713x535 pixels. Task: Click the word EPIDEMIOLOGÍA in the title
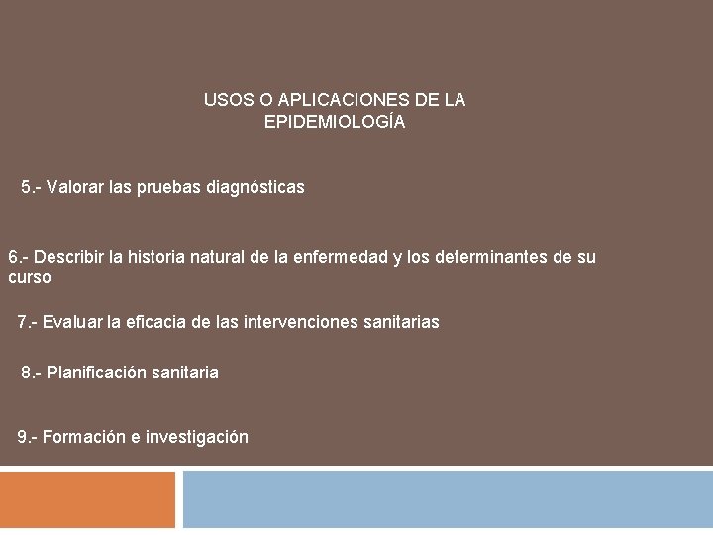pyautogui.click(x=335, y=123)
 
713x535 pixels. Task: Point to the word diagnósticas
pyautogui.click(x=255, y=186)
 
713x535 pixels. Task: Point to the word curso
pyautogui.click(x=29, y=278)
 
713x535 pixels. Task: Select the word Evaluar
pyautogui.click(x=72, y=322)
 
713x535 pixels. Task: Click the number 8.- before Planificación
pyautogui.click(x=32, y=373)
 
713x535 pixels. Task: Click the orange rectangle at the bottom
pyautogui.click(x=87, y=499)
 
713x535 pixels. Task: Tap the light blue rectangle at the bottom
pyautogui.click(x=448, y=499)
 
